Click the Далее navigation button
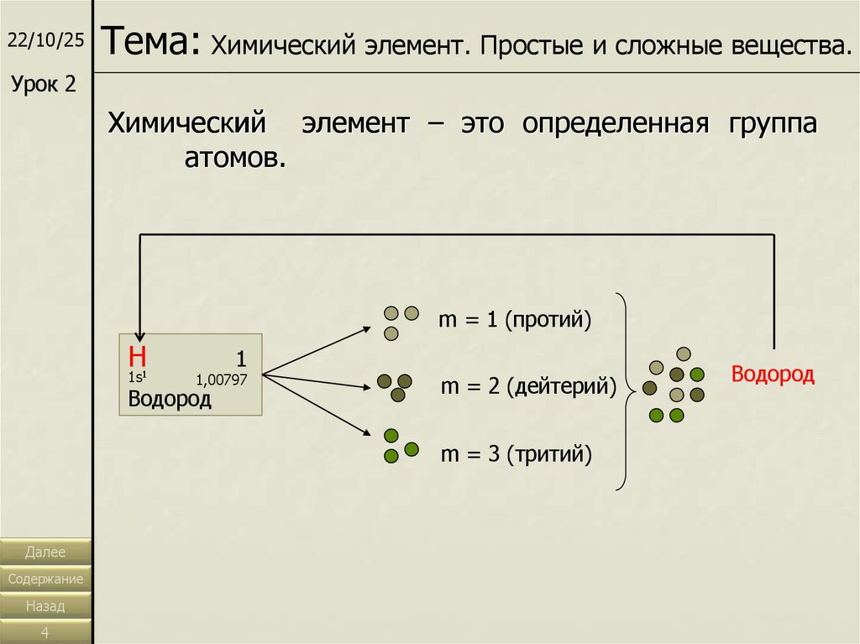tap(45, 552)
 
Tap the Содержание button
tap(45, 579)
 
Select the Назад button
tap(45, 605)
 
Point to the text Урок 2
tap(43, 83)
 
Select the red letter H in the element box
tap(138, 354)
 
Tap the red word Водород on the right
tap(773, 374)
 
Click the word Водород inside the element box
tap(170, 399)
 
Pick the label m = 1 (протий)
tap(515, 320)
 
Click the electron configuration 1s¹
tap(139, 376)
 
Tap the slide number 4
tap(45, 631)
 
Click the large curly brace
tap(623, 390)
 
